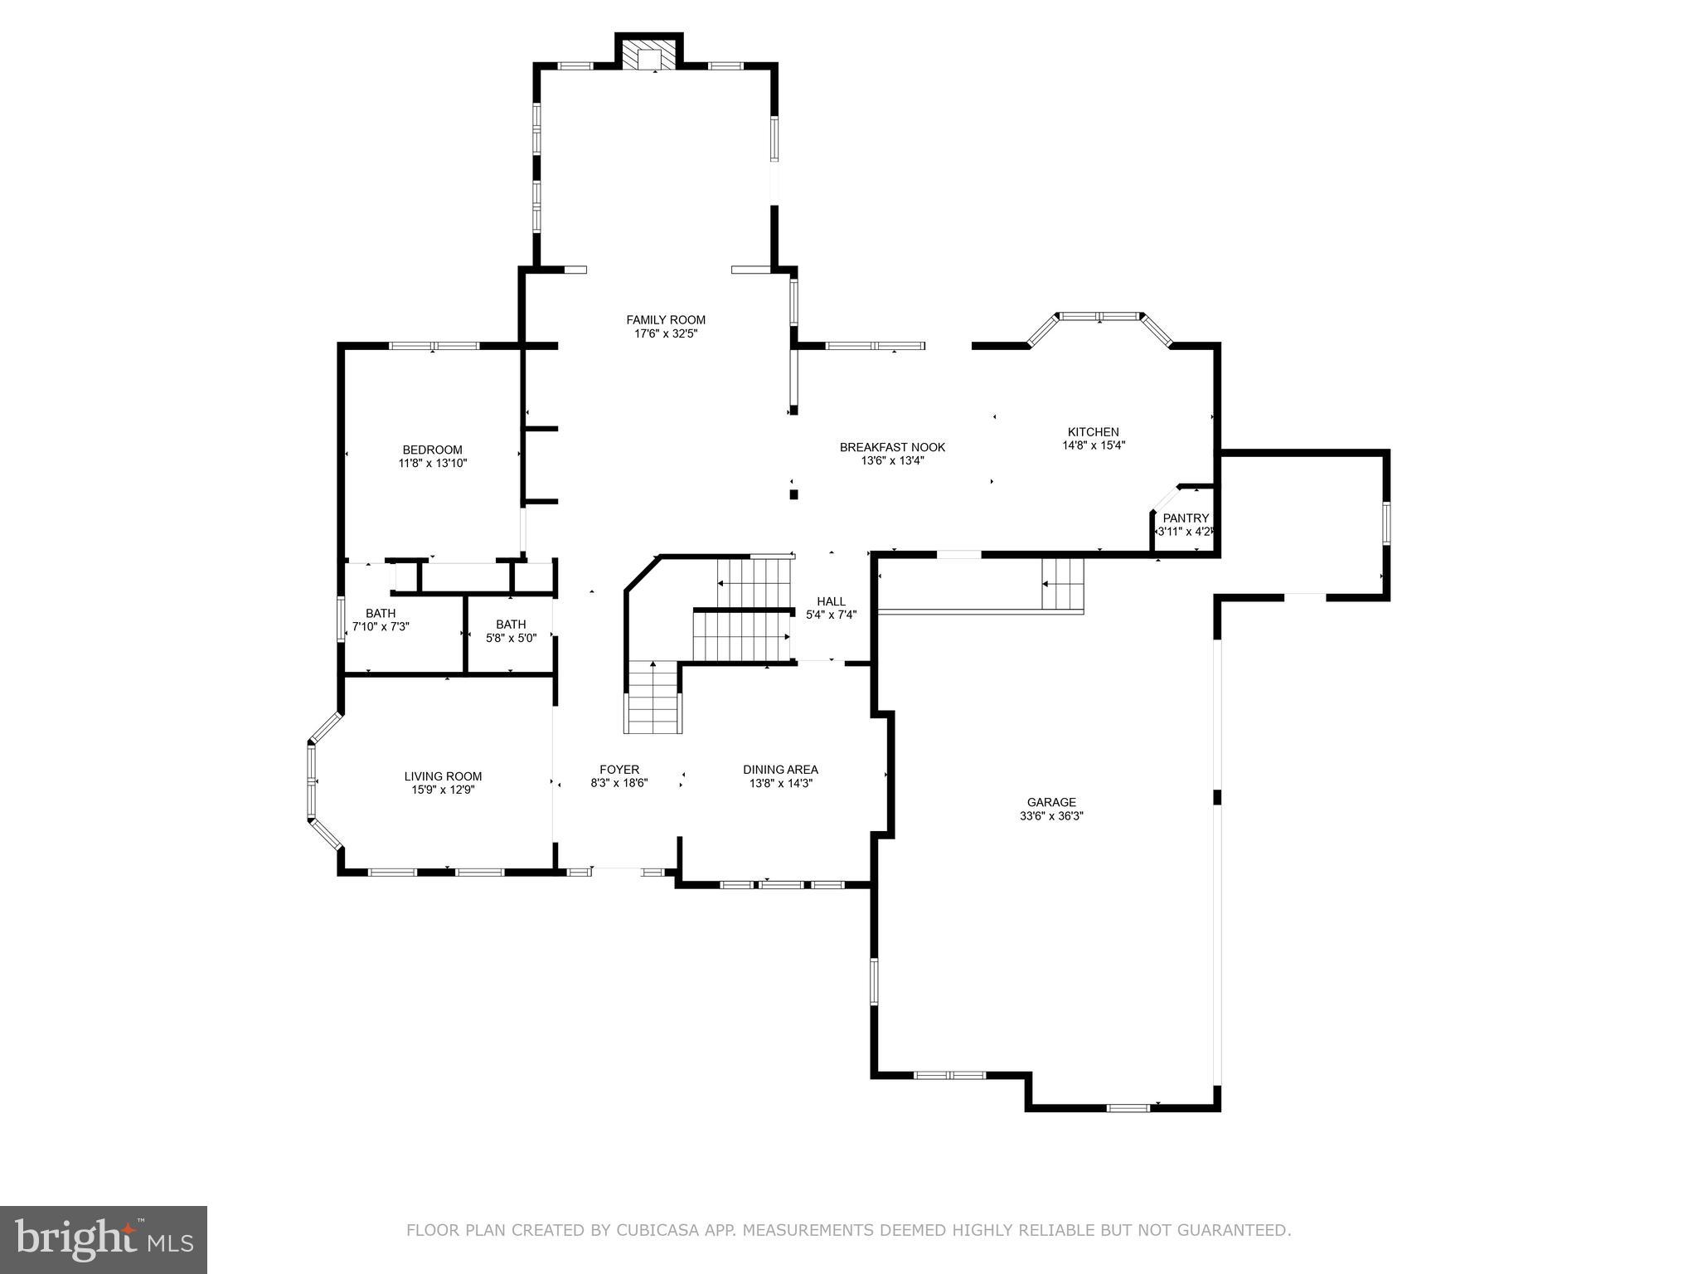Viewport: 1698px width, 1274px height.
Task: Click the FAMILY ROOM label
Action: tap(665, 319)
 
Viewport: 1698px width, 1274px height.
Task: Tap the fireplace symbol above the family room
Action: tap(648, 57)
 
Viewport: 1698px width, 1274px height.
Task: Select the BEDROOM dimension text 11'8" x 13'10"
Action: tap(432, 464)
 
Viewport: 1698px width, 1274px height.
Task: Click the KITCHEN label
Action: tap(1093, 431)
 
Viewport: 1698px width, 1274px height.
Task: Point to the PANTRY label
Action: tap(1186, 518)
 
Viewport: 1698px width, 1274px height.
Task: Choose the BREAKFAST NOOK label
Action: tap(892, 447)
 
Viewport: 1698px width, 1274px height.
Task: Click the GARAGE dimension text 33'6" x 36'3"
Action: tap(1051, 815)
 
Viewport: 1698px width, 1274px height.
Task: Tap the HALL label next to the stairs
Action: tap(831, 601)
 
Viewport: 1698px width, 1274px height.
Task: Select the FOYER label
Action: tap(619, 769)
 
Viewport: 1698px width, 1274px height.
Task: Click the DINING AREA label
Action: tap(780, 769)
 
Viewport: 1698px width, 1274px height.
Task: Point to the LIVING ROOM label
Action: tap(443, 776)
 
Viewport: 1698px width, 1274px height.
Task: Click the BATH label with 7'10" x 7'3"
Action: tap(381, 613)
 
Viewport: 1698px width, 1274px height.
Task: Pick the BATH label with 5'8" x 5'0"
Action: tap(511, 624)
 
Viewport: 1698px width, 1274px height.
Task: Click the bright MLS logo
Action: tap(103, 1240)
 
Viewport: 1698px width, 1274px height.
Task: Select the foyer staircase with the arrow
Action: tap(653, 697)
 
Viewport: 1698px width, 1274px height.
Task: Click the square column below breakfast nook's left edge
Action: tap(793, 494)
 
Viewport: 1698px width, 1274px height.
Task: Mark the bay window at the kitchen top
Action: tap(1099, 316)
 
